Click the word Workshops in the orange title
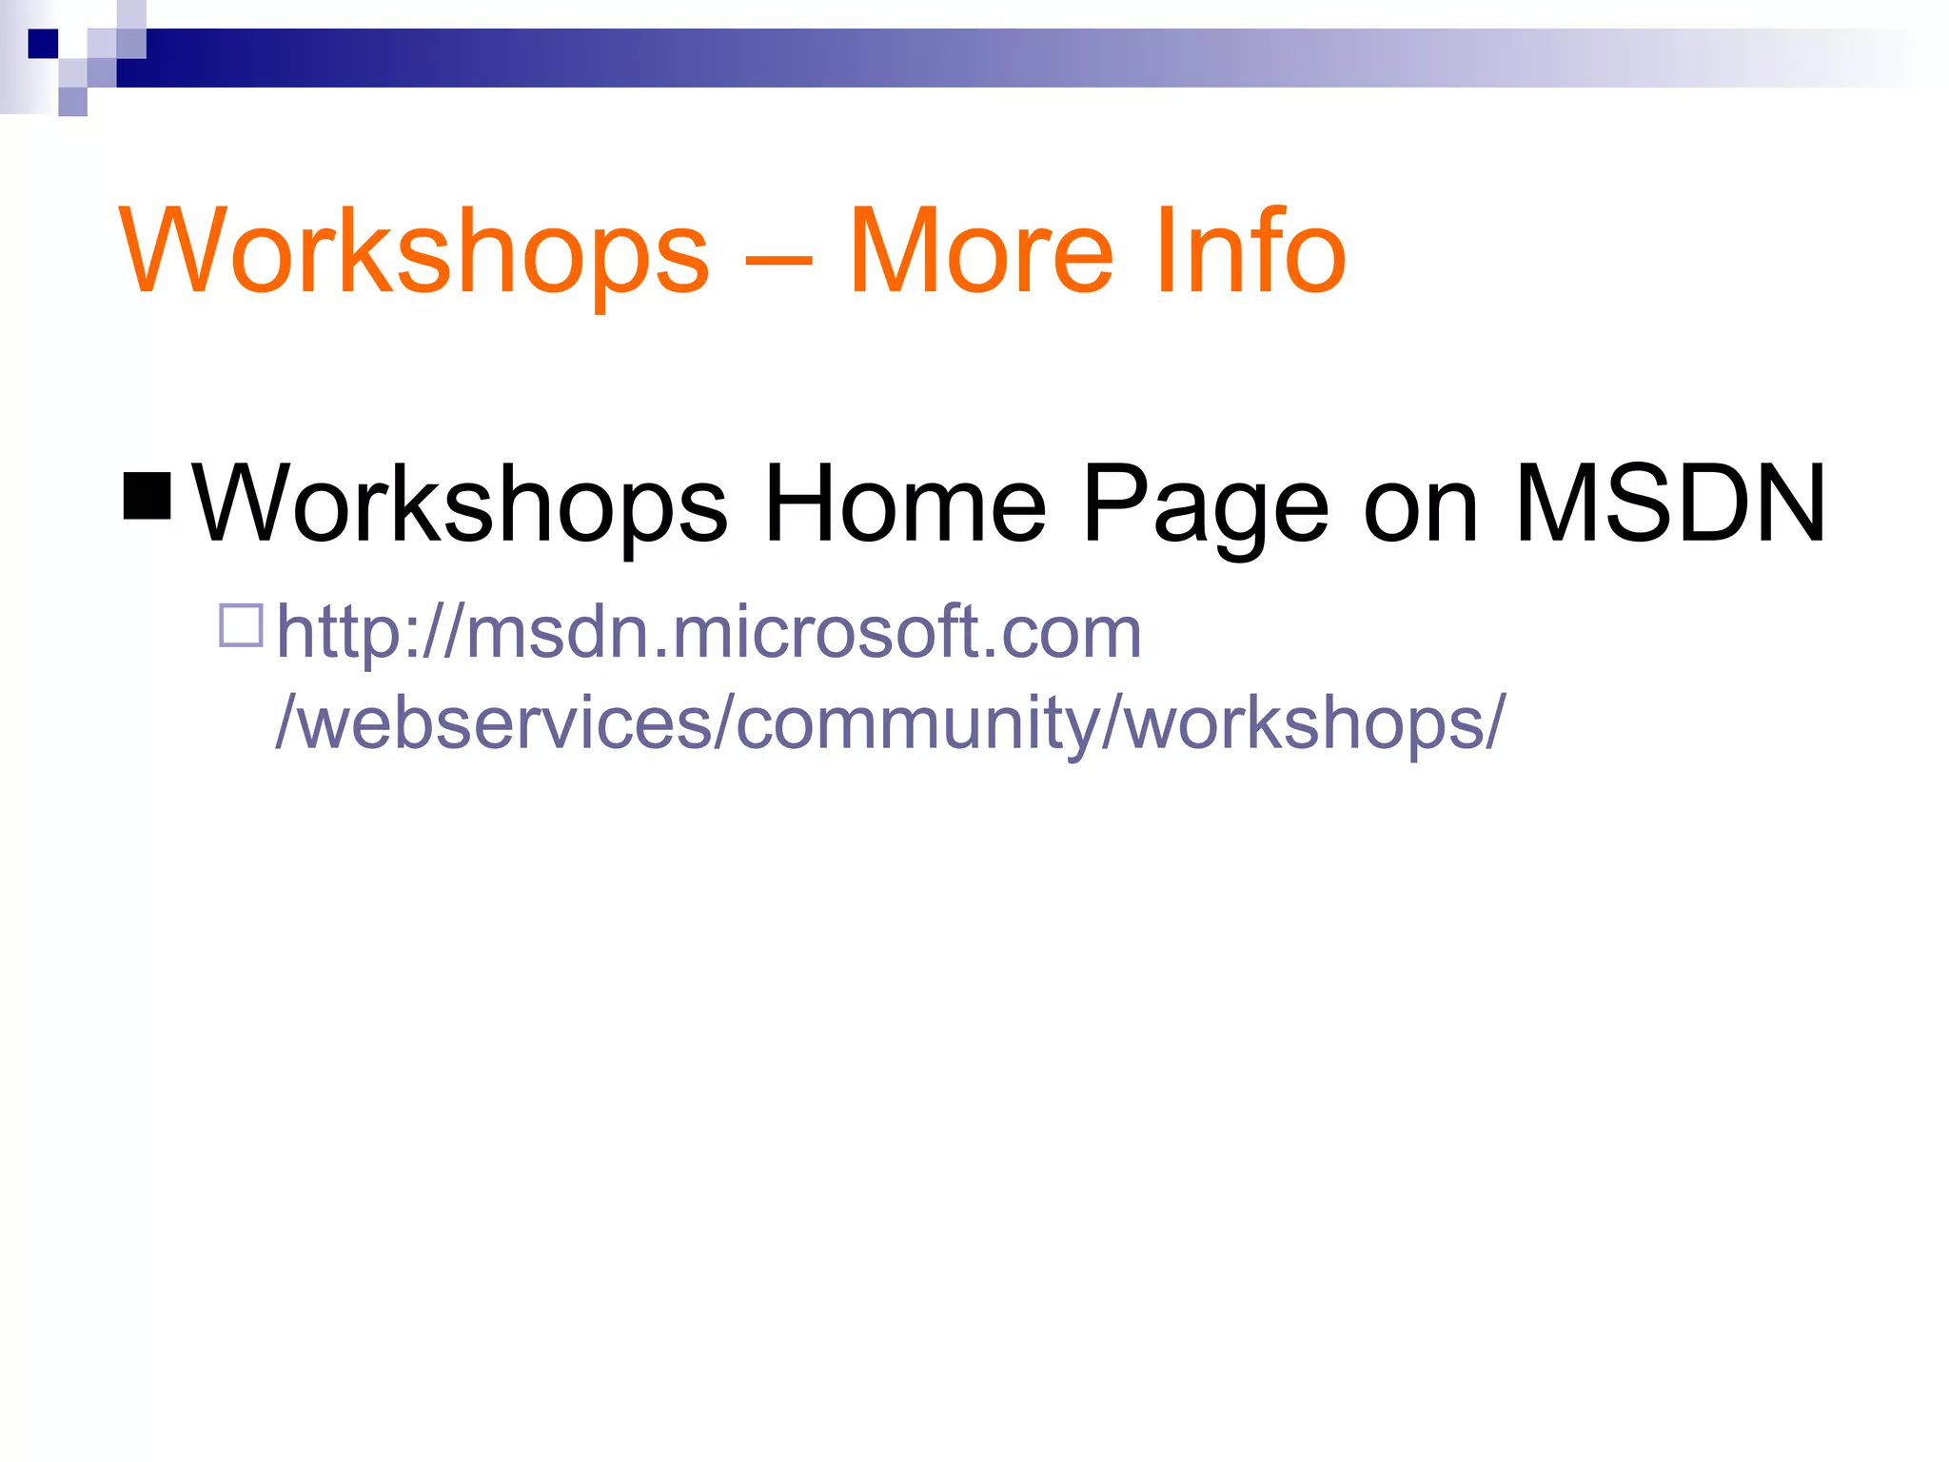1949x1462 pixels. click(414, 252)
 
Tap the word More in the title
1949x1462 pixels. click(980, 252)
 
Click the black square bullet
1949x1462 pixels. click(148, 496)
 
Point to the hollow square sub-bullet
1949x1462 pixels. click(241, 625)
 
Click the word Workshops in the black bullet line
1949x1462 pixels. click(460, 504)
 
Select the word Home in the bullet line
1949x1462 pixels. click(905, 504)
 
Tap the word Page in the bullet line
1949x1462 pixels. click(1205, 504)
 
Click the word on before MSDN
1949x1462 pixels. click(1421, 504)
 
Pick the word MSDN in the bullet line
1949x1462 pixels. click(1670, 504)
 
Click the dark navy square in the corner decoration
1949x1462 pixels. click(43, 43)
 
